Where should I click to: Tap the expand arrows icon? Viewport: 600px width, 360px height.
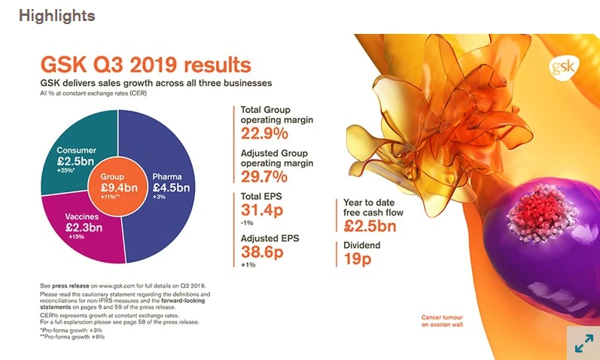tap(583, 343)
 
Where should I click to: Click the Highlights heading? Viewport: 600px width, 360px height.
tap(57, 16)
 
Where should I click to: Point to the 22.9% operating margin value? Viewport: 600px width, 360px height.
tap(264, 135)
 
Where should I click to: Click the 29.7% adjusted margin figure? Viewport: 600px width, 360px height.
tap(264, 178)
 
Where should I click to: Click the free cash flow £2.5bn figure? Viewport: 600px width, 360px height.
tap(370, 226)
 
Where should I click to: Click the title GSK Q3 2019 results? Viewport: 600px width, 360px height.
tap(146, 65)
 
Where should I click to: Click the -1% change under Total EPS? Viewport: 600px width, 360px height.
tap(247, 222)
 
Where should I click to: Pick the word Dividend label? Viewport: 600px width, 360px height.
tap(363, 246)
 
